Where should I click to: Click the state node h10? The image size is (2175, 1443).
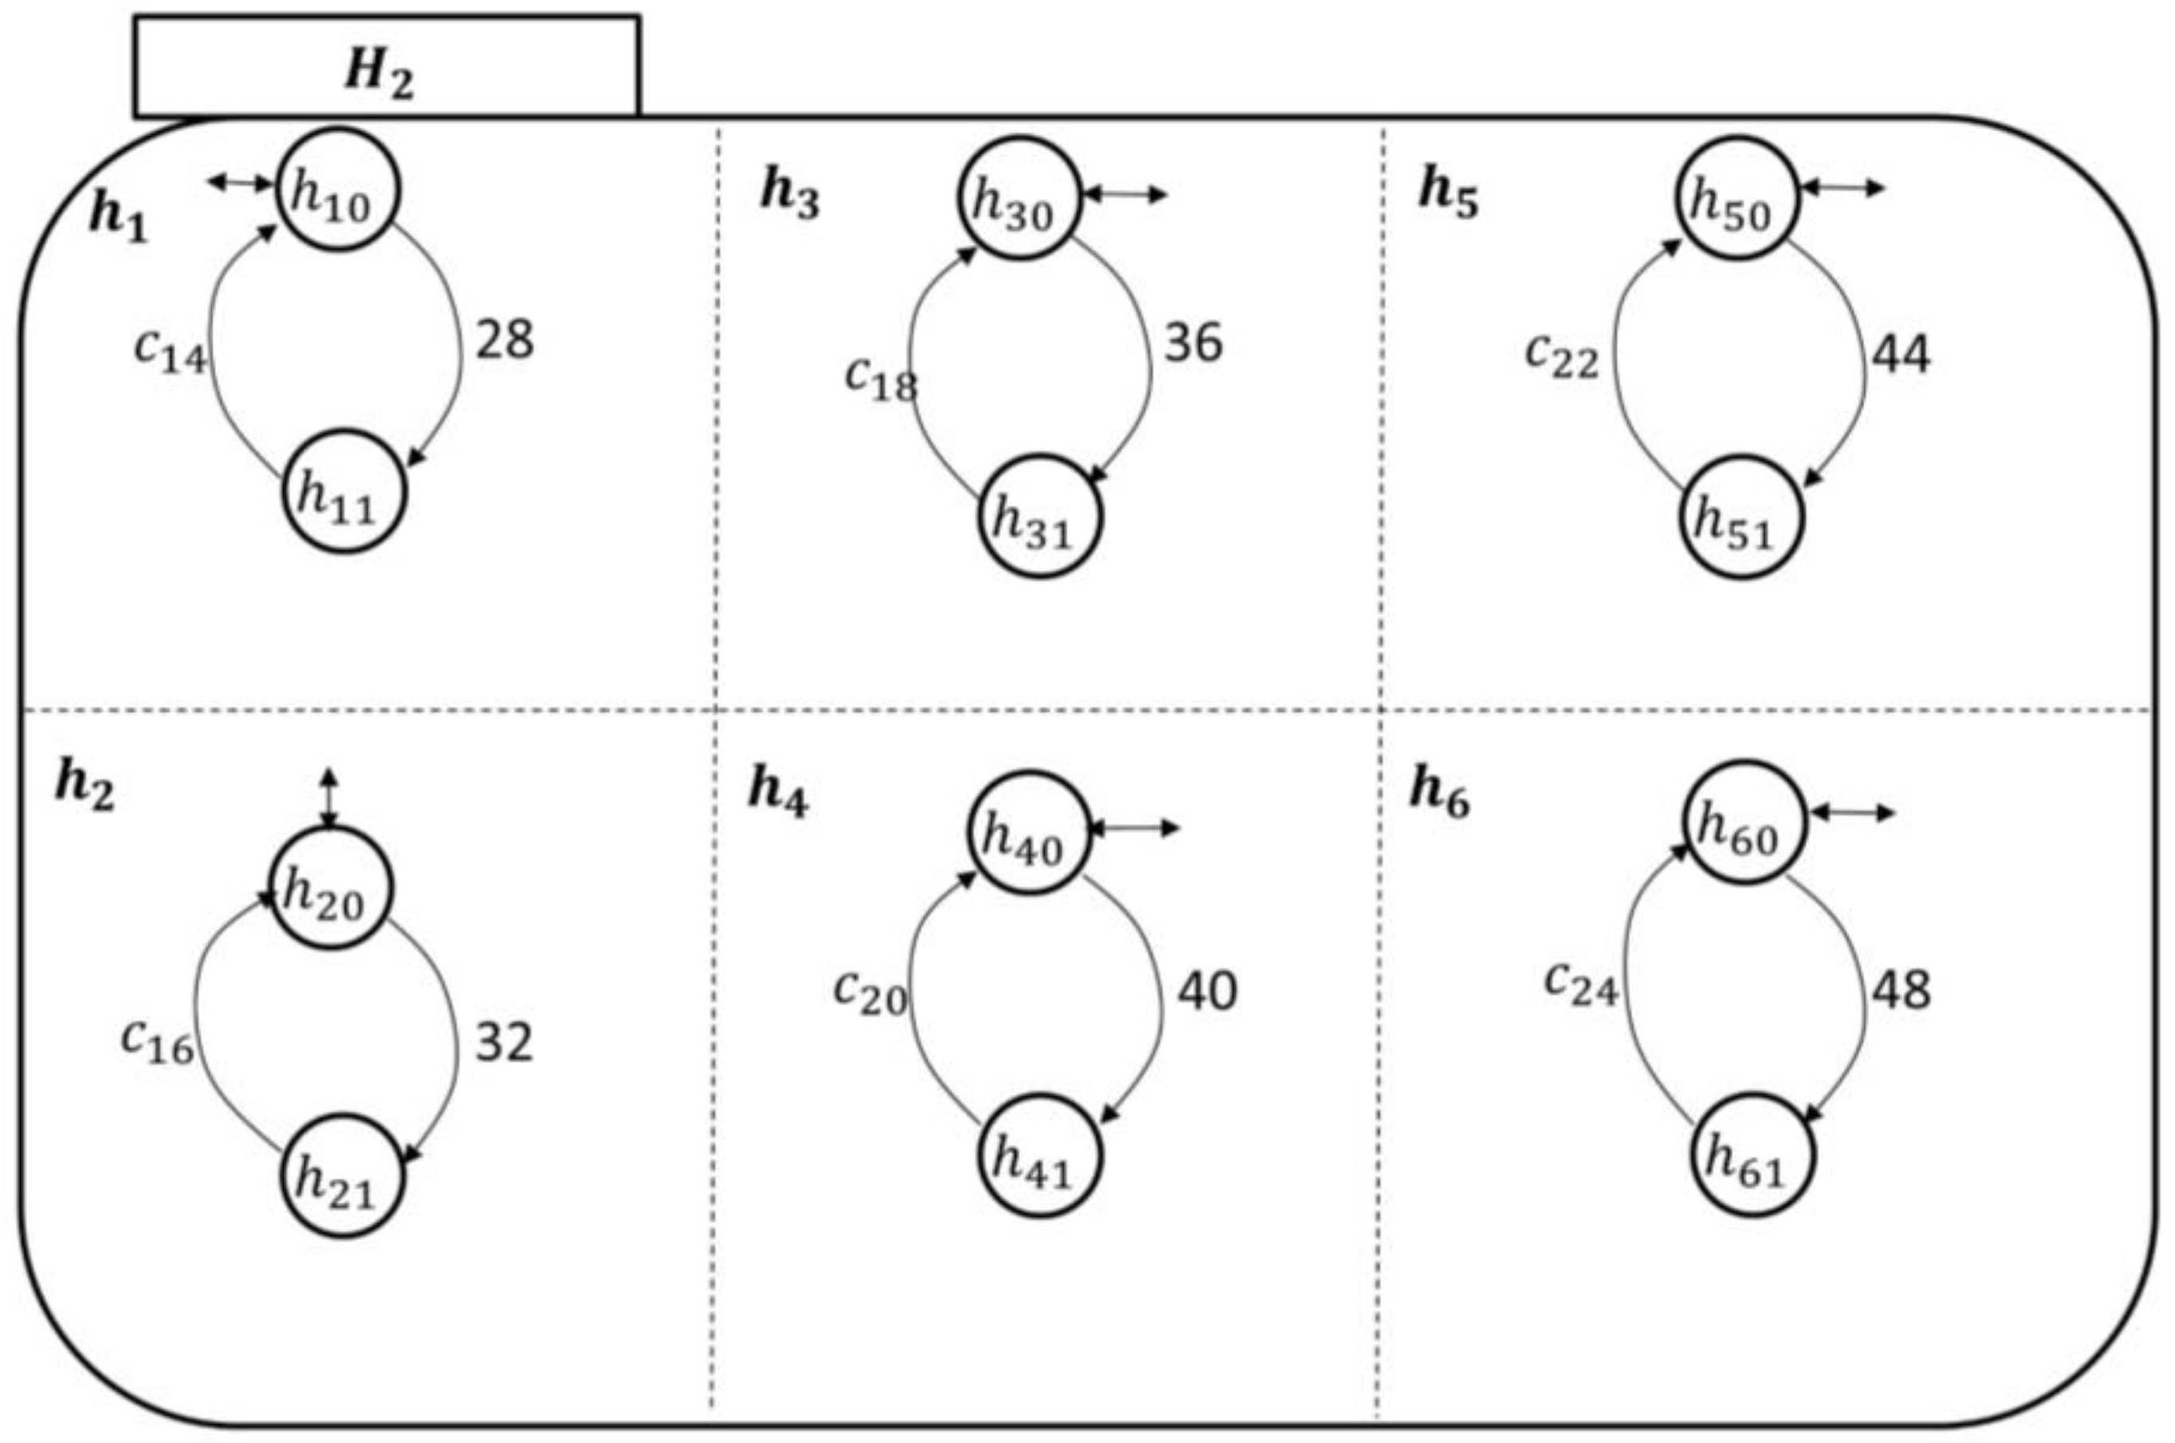click(x=338, y=190)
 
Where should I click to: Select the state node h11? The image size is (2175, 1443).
click(x=343, y=491)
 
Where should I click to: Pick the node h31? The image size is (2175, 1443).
click(x=1038, y=516)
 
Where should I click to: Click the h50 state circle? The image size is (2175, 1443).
click(x=1734, y=198)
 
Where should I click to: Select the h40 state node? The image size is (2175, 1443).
click(x=1028, y=833)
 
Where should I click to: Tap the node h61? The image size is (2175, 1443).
click(x=1751, y=1155)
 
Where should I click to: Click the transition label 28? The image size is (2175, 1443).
click(x=504, y=339)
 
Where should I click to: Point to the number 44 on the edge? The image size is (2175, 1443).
click(x=1901, y=355)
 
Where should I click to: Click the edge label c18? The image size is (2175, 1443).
click(x=880, y=378)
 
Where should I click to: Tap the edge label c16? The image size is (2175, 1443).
click(x=157, y=1040)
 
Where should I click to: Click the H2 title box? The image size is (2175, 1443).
click(x=386, y=66)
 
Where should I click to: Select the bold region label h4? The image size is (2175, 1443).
click(x=778, y=791)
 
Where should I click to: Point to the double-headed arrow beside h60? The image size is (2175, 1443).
click(x=1853, y=813)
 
